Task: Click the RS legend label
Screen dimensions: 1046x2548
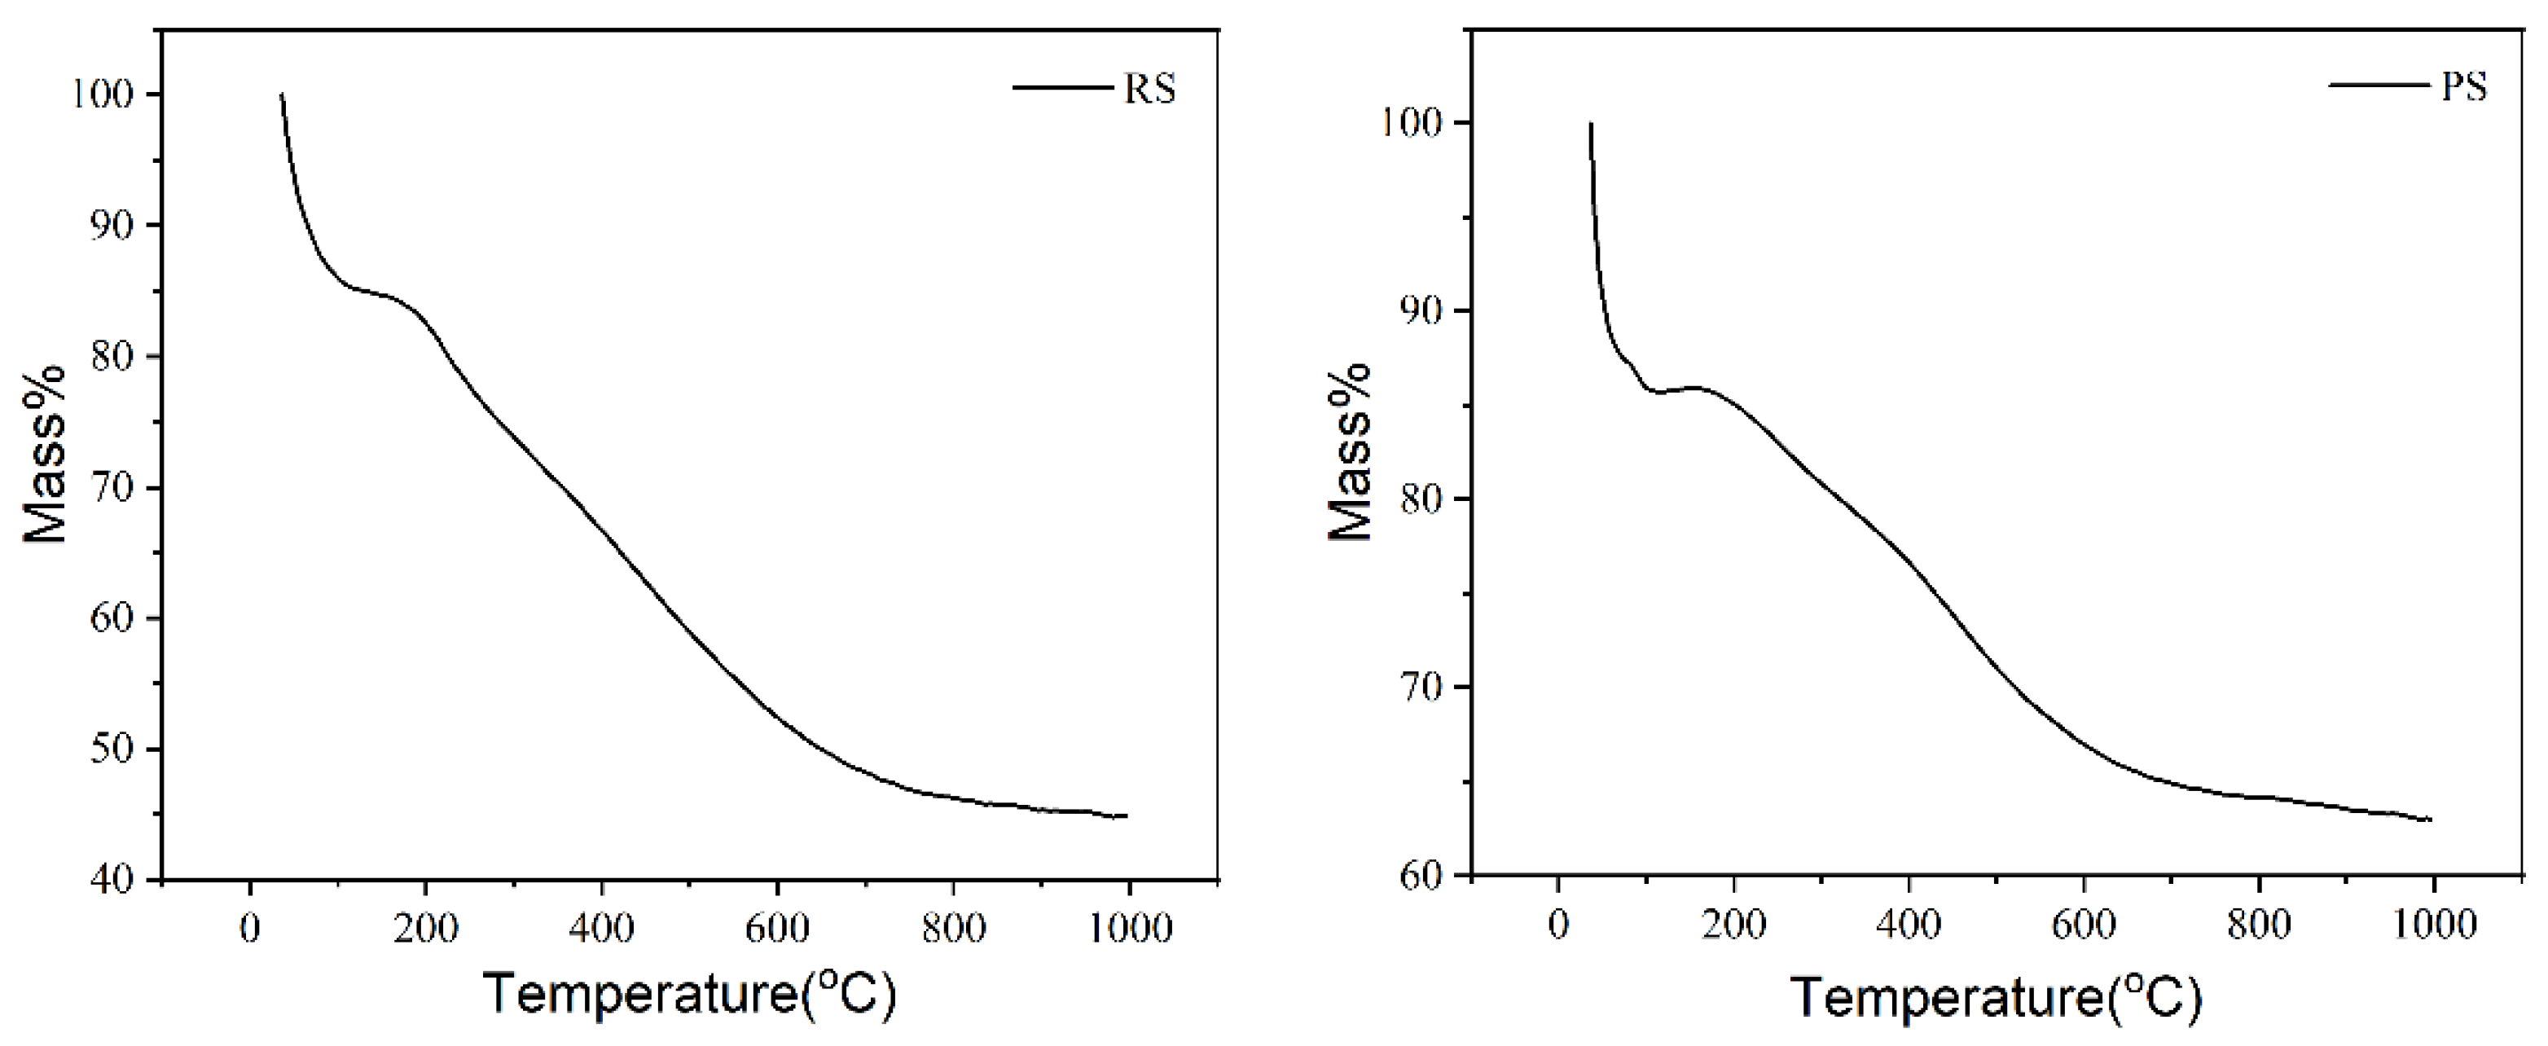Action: (x=1149, y=89)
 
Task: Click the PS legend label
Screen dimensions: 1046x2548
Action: (x=2464, y=87)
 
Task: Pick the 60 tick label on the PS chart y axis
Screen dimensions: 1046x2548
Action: (x=1426, y=875)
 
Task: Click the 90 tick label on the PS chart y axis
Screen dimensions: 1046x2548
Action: (x=1426, y=310)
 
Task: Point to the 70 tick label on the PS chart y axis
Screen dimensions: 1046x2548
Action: (x=1426, y=687)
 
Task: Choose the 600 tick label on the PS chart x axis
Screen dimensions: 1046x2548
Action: (x=2084, y=925)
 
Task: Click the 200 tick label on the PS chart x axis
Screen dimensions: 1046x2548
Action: (x=1733, y=925)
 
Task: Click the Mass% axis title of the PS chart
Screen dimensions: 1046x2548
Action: (x=1351, y=451)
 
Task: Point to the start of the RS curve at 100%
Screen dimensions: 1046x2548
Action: (x=282, y=96)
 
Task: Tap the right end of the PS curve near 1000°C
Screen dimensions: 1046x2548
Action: (x=2429, y=820)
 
